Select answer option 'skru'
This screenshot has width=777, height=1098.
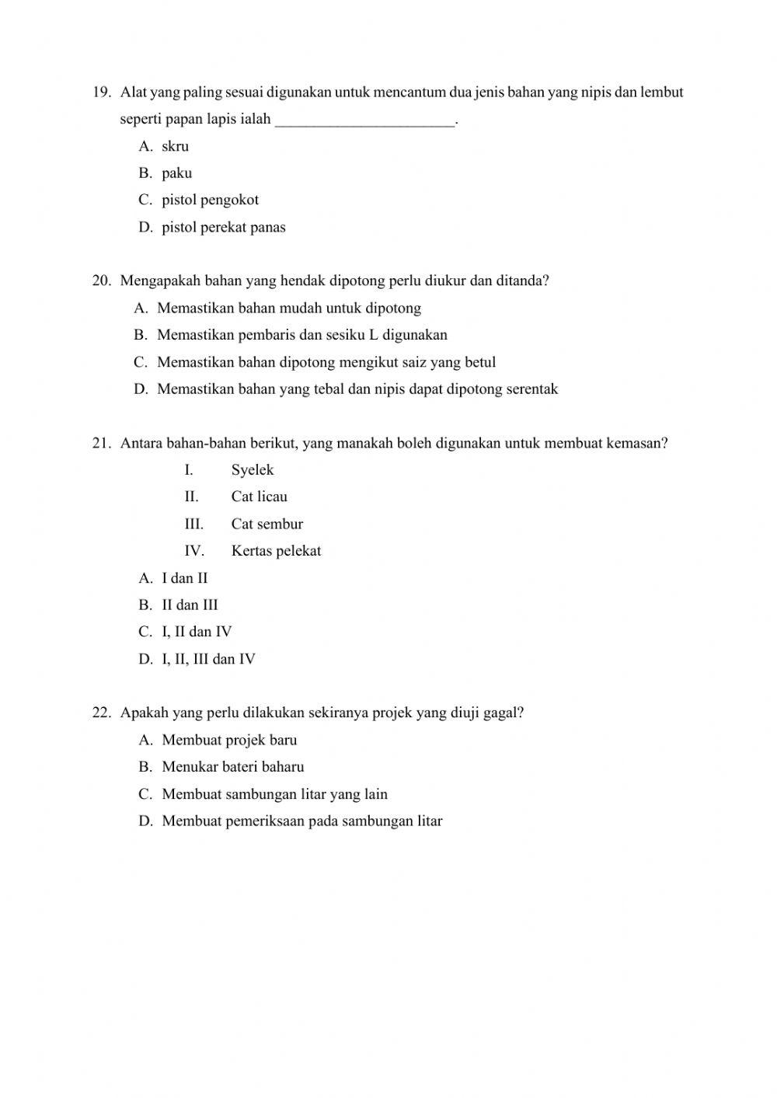pyautogui.click(x=175, y=146)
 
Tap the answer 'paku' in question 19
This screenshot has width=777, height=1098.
pyautogui.click(x=176, y=173)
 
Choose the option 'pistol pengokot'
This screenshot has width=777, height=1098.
pyautogui.click(x=210, y=200)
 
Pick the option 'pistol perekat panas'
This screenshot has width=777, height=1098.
pyautogui.click(x=223, y=227)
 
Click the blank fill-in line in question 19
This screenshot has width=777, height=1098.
pyautogui.click(x=364, y=120)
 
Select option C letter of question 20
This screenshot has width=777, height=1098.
pyautogui.click(x=140, y=362)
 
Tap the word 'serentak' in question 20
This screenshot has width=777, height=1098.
pyautogui.click(x=531, y=389)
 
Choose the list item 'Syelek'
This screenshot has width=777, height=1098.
pyautogui.click(x=252, y=469)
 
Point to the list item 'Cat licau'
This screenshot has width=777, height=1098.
pyautogui.click(x=259, y=497)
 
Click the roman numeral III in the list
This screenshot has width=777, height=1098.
pyautogui.click(x=193, y=524)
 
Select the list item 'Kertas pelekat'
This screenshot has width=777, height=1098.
pyautogui.click(x=276, y=551)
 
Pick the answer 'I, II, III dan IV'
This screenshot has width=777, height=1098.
pyautogui.click(x=208, y=659)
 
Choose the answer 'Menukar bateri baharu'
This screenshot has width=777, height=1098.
pyautogui.click(x=232, y=767)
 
